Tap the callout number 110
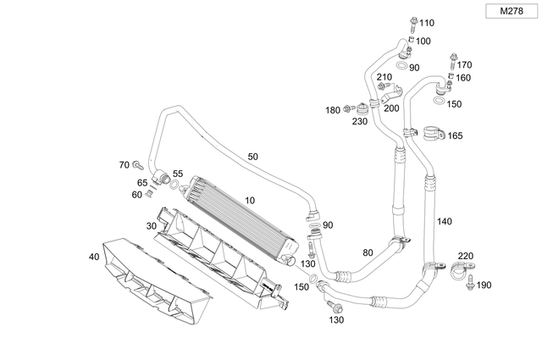click(426, 22)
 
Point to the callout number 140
click(444, 221)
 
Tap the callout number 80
click(367, 252)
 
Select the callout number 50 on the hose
click(253, 157)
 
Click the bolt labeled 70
click(137, 165)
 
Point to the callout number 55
click(177, 173)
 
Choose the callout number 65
click(142, 182)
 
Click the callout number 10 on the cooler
click(249, 200)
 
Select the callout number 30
click(151, 225)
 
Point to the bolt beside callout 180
click(348, 109)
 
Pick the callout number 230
click(361, 121)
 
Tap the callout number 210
click(384, 77)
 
